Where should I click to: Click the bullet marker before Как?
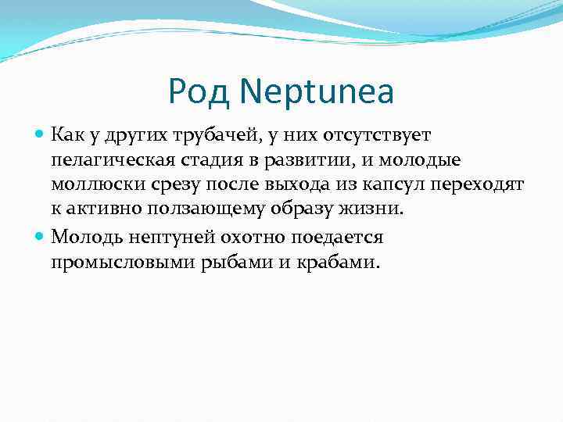click(x=41, y=136)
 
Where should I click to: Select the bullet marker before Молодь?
click(x=41, y=237)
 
